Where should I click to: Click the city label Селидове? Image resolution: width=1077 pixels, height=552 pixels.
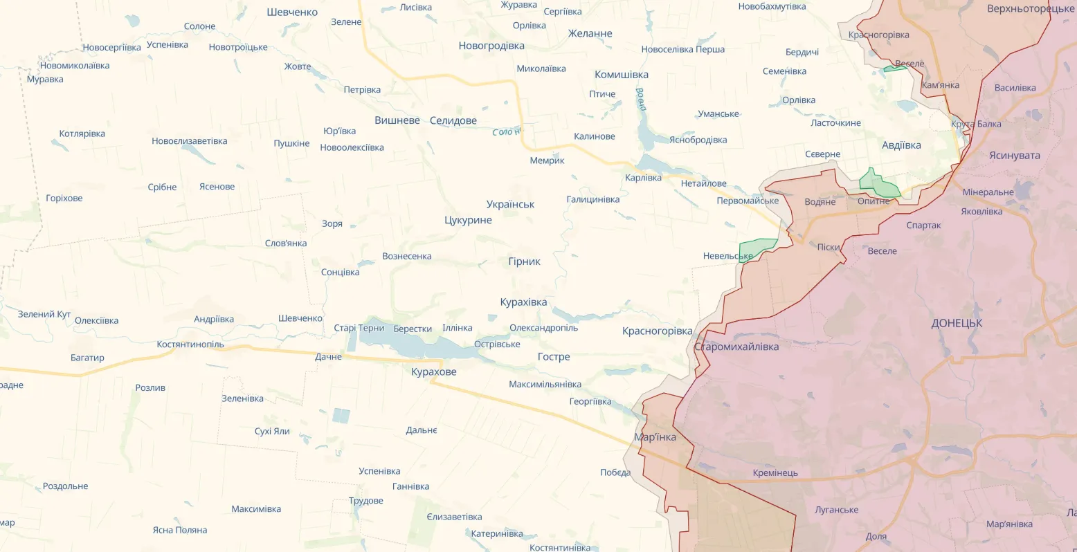[x=453, y=120]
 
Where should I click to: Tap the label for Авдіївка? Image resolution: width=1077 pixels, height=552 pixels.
[x=901, y=145]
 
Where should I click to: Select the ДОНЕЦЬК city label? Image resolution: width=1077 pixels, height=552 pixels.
[x=957, y=323]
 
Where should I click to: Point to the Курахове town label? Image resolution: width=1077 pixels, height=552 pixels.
[x=433, y=372]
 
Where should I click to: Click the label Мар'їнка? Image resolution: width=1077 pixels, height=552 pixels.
[x=655, y=437]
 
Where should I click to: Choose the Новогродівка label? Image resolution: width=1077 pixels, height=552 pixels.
[x=491, y=46]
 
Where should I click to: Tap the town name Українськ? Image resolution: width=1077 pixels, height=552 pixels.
[x=510, y=204]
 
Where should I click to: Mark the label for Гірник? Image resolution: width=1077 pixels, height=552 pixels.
[x=524, y=261]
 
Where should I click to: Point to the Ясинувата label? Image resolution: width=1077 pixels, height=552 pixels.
[x=1014, y=156]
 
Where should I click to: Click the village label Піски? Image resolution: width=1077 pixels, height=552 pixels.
[x=829, y=247]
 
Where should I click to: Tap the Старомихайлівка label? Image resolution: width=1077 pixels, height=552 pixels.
[x=736, y=347]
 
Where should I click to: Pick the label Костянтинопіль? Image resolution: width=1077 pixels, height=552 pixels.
[x=190, y=344]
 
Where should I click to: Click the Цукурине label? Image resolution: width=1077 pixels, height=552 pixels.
[x=468, y=220]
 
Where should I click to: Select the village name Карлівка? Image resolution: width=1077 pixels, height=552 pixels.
[x=643, y=178]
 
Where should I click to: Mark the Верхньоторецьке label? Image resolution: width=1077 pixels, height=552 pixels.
[x=1031, y=9]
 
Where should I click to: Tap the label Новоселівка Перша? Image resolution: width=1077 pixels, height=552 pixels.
[x=682, y=49]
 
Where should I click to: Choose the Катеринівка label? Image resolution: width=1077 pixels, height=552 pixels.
[x=497, y=533]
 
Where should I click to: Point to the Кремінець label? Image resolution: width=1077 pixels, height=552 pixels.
[x=775, y=473]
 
